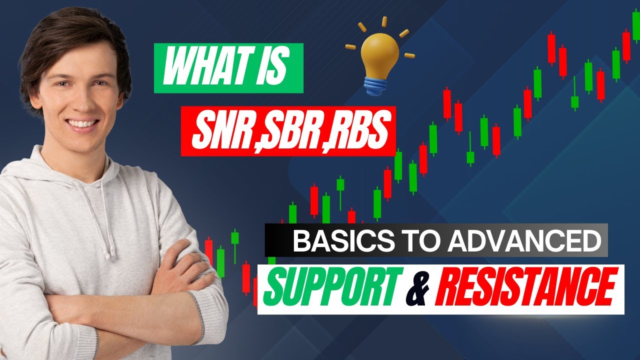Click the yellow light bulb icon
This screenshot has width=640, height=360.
click(380, 55)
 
